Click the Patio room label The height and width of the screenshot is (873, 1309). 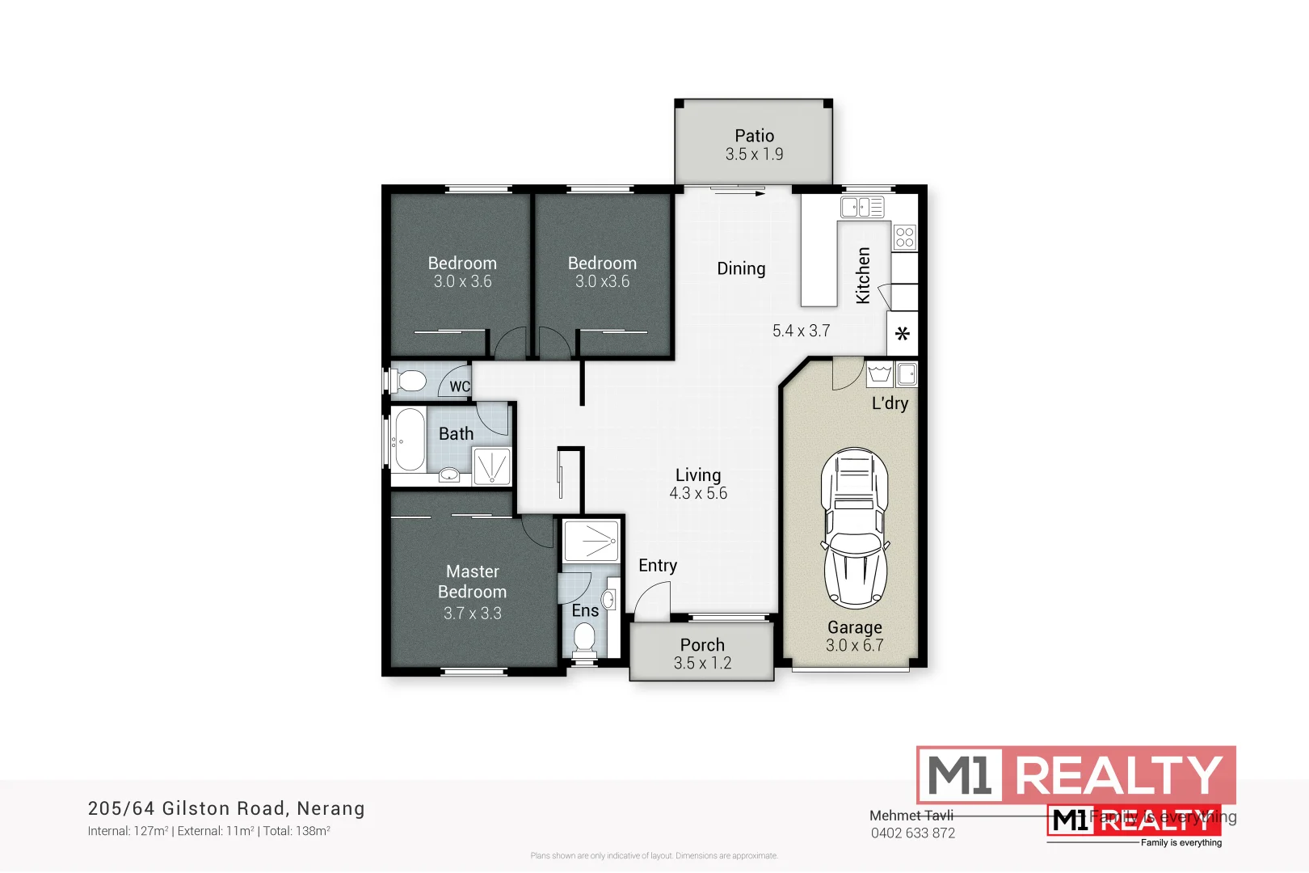point(754,136)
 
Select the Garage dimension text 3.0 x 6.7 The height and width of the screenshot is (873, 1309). point(854,645)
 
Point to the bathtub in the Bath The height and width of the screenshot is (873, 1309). point(409,439)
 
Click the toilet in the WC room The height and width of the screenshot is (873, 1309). point(410,380)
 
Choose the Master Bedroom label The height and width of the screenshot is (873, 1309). point(473,582)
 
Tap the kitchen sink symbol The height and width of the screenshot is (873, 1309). point(862,207)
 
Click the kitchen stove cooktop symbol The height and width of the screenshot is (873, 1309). point(905,237)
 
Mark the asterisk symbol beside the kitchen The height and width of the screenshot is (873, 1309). point(903,333)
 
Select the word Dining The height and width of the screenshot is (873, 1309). point(741,268)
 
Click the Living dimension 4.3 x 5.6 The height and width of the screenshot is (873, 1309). point(698,493)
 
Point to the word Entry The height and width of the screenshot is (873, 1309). point(658,565)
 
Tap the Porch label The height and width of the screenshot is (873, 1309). point(702,645)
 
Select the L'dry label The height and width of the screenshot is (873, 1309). point(890,403)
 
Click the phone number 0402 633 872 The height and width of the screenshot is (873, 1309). point(912,833)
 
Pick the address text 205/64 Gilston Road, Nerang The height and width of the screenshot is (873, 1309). point(226,808)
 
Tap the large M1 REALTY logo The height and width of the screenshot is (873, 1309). point(1075,774)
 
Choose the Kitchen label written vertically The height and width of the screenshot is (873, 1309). point(863,276)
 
